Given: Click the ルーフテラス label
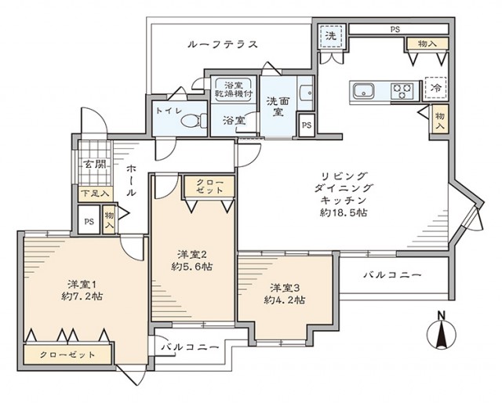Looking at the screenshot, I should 223,44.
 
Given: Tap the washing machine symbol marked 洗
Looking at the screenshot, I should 331,37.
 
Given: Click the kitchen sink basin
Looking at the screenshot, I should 364,91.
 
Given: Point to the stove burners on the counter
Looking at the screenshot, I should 402,90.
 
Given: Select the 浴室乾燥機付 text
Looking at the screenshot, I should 233,89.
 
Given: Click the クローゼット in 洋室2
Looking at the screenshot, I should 208,187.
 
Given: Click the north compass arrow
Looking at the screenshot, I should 441,335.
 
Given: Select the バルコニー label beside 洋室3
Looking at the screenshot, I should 393,275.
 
